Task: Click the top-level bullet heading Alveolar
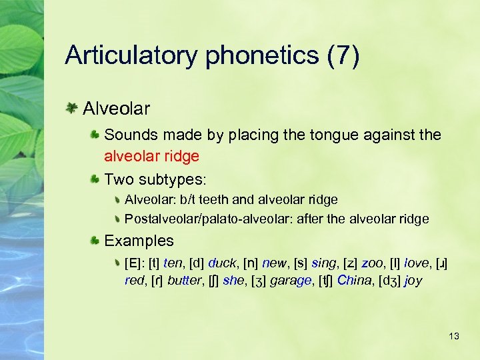click(116, 108)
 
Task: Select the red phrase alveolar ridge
click(151, 156)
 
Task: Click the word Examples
click(139, 241)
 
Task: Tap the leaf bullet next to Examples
click(96, 241)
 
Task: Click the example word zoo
click(373, 262)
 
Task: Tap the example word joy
click(413, 281)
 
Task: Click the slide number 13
click(454, 336)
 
